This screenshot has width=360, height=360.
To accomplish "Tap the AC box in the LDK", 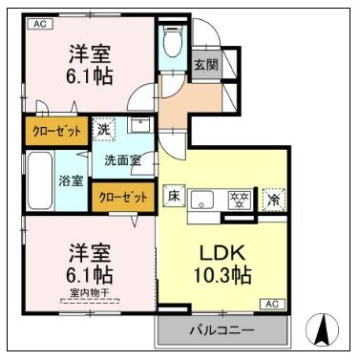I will pyautogui.click(x=270, y=303).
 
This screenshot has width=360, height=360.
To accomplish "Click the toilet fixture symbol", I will pyautogui.click(x=173, y=44).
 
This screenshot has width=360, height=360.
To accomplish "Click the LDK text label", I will pyautogui.click(x=224, y=255).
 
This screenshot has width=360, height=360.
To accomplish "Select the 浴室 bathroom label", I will pyautogui.click(x=71, y=180).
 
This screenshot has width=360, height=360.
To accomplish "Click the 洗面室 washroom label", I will pyautogui.click(x=122, y=160).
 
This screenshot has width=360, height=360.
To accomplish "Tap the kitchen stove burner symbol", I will pyautogui.click(x=240, y=200).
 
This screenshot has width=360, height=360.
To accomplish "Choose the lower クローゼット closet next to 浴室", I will pyautogui.click(x=122, y=197).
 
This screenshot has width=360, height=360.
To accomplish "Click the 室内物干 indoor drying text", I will pyautogui.click(x=89, y=292).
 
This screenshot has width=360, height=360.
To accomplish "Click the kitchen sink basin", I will pyautogui.click(x=203, y=201).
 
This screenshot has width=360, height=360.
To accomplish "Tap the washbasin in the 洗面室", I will pyautogui.click(x=139, y=126).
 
